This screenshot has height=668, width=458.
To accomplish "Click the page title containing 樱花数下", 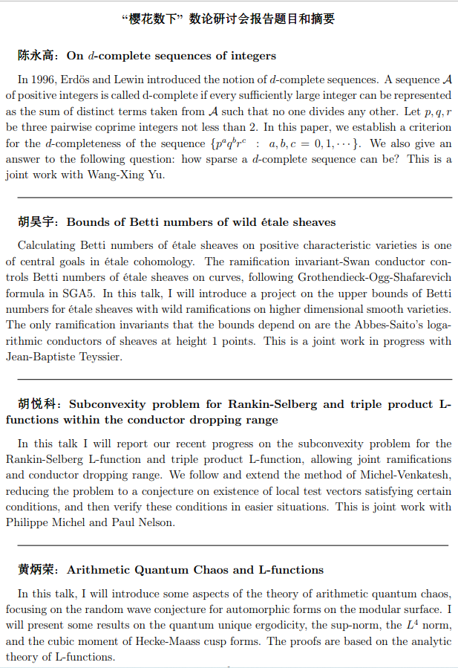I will point(229,18).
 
